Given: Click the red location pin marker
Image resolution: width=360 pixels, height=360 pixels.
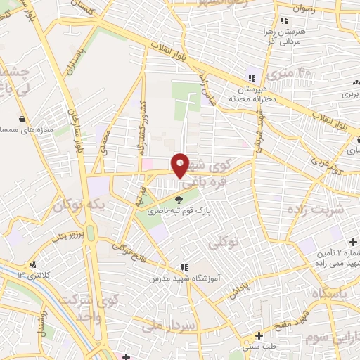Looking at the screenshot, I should coord(180,165).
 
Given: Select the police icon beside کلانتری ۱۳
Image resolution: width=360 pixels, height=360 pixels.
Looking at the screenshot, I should coord(32,265).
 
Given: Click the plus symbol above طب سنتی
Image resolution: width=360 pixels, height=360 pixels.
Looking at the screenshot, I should coord(259,335).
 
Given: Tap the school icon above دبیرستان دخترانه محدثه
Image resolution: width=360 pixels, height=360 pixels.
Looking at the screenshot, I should coord(250,78).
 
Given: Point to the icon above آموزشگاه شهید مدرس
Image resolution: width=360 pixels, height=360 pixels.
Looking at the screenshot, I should coord(184,267).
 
